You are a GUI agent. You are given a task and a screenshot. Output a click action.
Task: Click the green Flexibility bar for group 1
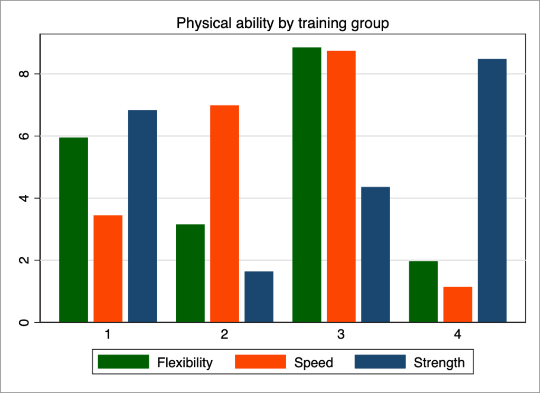73,230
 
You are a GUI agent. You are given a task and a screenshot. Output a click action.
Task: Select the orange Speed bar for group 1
108,268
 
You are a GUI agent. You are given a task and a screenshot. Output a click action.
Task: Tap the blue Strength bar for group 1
142,216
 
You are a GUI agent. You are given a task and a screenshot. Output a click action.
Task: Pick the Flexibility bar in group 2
190,273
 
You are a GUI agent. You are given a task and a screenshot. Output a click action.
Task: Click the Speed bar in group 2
224,213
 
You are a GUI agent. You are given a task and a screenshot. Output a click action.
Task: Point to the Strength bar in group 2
259,296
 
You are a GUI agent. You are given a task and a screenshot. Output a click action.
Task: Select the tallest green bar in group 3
307,184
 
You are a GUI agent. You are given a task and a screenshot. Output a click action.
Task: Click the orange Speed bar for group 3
341,186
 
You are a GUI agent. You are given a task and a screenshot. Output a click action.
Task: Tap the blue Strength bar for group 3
375,254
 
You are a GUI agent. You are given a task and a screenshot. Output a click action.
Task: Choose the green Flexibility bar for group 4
423,291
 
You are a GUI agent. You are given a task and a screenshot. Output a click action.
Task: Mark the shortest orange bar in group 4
458,304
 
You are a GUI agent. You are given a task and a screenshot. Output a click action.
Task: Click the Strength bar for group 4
492,190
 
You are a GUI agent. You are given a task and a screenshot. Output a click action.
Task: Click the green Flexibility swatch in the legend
124,362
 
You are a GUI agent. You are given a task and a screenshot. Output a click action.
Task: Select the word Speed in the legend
314,363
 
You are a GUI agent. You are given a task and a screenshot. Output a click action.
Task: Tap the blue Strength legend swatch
380,362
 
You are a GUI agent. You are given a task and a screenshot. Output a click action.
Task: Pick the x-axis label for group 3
341,335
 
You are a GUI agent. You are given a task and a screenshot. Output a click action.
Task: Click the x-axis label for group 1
108,335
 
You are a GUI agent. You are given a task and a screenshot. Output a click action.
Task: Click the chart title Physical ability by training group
282,24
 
